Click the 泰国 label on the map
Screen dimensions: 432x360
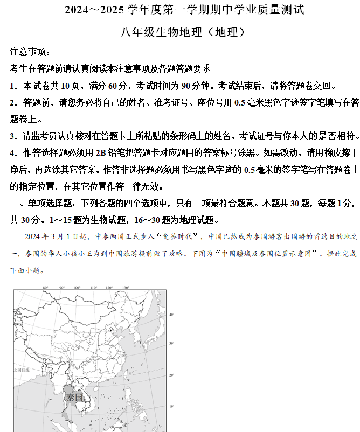[x=75, y=398]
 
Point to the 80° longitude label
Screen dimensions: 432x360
[x=46, y=288]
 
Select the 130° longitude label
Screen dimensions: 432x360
[x=126, y=288]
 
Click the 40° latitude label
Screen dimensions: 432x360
[x=172, y=314]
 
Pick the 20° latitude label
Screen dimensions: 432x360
[x=172, y=375]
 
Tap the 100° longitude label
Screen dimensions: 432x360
[x=78, y=288]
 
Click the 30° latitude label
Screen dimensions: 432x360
[x=172, y=343]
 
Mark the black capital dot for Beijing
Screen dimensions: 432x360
[x=112, y=329]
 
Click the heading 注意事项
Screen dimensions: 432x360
[x=29, y=52]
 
